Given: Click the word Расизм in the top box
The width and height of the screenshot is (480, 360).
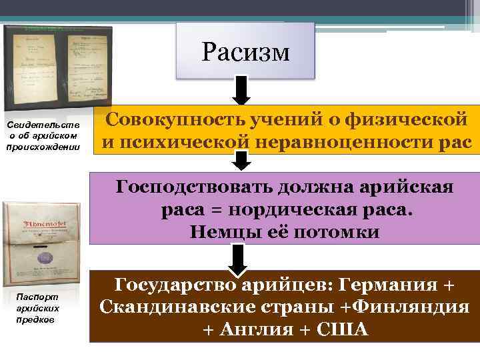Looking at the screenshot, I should point(245,51).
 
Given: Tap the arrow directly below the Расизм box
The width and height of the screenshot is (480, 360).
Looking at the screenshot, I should point(242,90).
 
